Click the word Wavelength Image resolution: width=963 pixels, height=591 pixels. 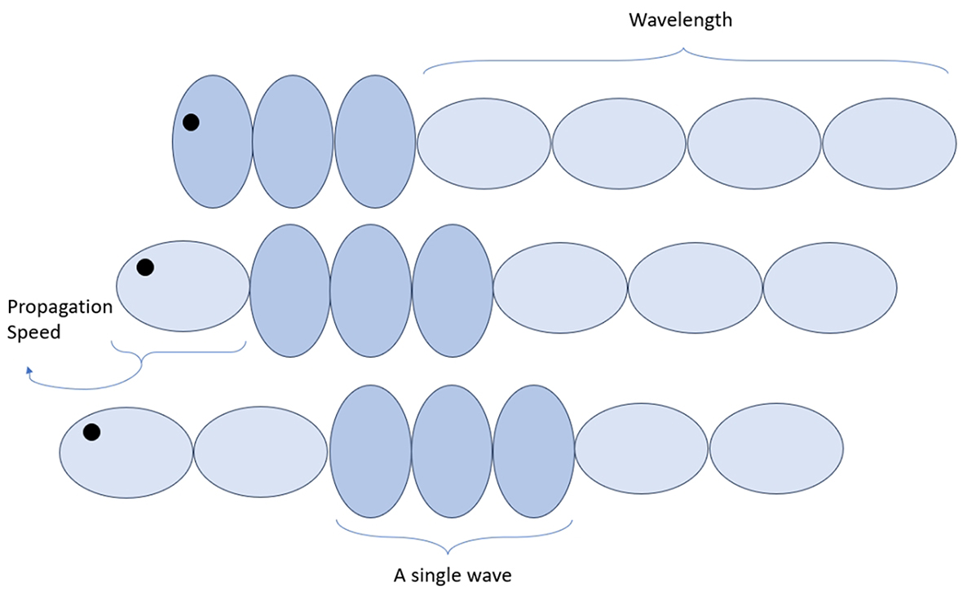coord(680,20)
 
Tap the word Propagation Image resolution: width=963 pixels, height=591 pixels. coord(60,307)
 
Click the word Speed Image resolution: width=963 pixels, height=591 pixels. coord(34,333)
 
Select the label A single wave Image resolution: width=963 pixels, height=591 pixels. coord(453,576)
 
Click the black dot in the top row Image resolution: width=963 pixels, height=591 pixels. coord(191,122)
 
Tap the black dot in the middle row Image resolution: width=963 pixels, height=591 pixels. coord(145,267)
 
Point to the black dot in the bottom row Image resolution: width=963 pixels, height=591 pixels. coord(91,431)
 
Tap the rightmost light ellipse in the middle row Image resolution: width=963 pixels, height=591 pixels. coord(830,288)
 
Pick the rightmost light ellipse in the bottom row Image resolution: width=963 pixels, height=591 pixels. coord(776,449)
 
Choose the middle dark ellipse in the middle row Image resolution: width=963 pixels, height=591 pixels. coord(370,290)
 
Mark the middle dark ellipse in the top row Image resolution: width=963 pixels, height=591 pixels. coord(292,141)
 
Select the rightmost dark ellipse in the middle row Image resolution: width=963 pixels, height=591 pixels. coord(453,290)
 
